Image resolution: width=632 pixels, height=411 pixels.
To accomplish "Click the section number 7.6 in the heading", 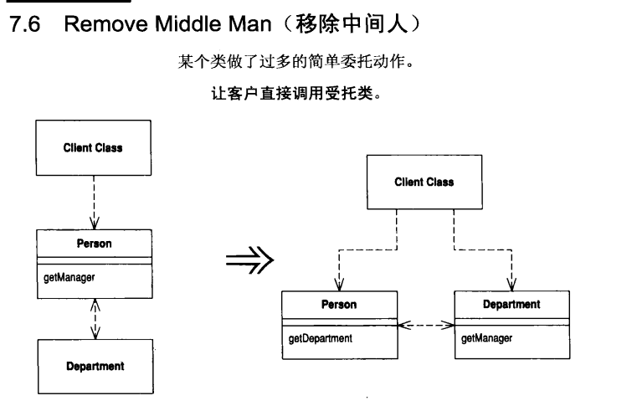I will coord(23,26).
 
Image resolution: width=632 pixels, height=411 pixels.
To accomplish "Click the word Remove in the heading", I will coord(100,26).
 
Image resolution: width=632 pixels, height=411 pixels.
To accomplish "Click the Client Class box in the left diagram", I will coord(93,148).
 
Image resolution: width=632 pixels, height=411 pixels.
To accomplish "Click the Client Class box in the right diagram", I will coord(424,182).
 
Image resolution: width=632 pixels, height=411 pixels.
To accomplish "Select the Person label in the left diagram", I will coord(93,243).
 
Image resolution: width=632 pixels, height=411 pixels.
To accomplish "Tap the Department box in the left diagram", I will coord(93,366).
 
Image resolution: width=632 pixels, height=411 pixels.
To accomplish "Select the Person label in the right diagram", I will coord(339,305).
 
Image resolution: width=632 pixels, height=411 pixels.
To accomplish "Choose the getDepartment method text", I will coord(319,340).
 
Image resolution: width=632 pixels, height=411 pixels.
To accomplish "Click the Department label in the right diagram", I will coord(511,305).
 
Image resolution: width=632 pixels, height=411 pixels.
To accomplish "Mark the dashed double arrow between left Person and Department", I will coord(93,319).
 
